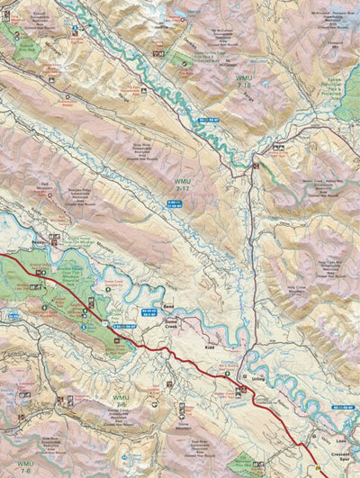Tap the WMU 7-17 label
coord(184,185)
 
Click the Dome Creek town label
coord(171,322)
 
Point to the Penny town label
coord(39,243)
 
